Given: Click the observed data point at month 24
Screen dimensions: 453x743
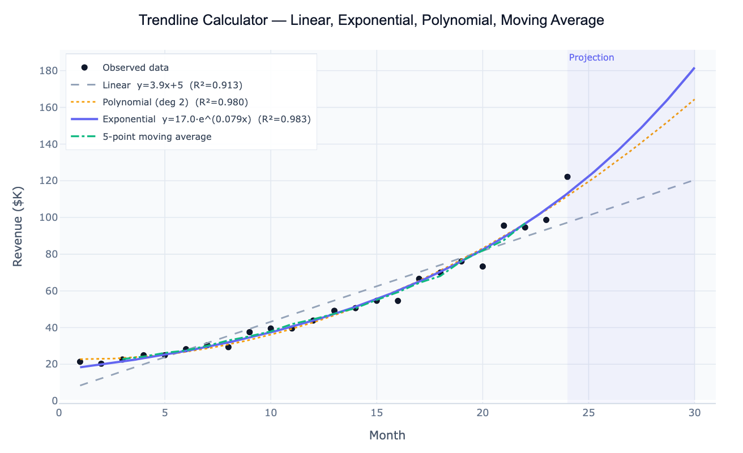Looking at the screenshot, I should click(567, 177).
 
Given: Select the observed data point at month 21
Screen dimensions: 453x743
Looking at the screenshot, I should click(503, 225).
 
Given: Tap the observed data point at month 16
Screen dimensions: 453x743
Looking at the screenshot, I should click(398, 301).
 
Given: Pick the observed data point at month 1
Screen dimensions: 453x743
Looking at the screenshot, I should click(80, 362).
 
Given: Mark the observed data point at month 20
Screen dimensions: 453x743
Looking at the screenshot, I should click(482, 266).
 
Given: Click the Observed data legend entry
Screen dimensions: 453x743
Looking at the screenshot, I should click(135, 67).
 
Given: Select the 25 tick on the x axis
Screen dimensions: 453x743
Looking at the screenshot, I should click(589, 413).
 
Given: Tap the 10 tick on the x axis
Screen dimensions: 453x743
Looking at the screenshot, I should click(271, 413).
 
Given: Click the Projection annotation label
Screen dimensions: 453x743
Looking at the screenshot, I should click(591, 58).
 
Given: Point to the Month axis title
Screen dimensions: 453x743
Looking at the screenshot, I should click(387, 435).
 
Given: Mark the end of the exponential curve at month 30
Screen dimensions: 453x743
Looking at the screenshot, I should click(694, 69).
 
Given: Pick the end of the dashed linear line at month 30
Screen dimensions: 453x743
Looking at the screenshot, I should click(694, 181).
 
